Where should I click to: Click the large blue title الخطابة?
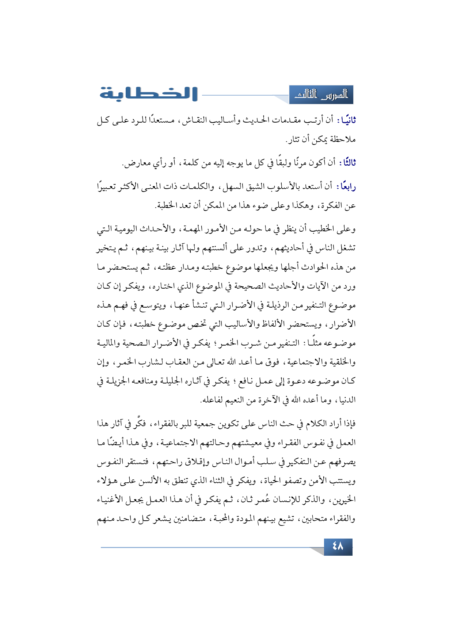tap(149, 94)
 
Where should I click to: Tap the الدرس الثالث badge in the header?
tap(321, 95)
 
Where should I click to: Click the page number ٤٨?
tap(338, 547)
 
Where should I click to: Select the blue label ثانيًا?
tap(347, 120)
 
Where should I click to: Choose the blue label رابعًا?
tap(347, 187)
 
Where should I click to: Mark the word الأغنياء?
tap(111, 500)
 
